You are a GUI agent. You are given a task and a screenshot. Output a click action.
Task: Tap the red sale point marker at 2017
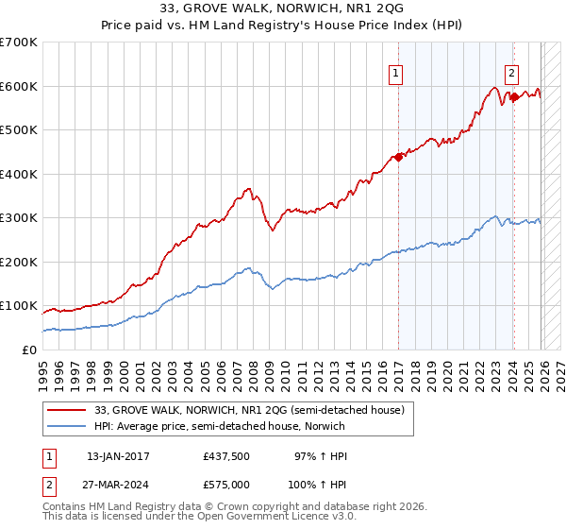tap(398, 157)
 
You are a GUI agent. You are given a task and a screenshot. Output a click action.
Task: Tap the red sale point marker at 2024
tap(514, 96)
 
